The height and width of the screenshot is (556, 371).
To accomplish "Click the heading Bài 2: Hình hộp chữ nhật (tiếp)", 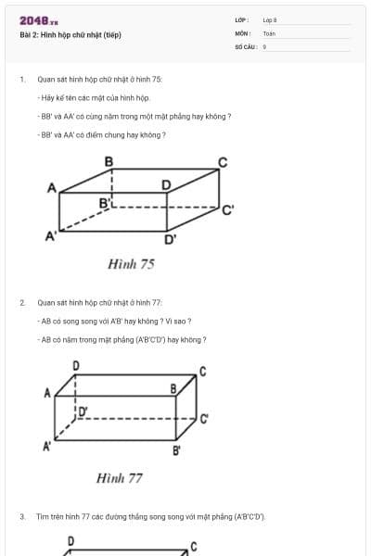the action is [70, 35].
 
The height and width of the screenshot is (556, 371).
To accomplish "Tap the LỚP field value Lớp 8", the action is [270, 19].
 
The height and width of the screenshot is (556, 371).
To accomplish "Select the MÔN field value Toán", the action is [269, 33].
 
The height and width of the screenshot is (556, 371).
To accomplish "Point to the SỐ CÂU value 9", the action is [264, 46].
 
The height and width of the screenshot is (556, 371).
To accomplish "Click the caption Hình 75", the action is [131, 264].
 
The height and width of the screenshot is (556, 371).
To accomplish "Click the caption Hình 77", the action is [120, 478].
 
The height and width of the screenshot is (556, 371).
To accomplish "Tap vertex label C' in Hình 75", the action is [227, 209].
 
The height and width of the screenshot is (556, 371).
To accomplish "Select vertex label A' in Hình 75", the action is [51, 236].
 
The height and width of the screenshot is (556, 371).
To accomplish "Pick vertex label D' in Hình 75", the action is [171, 240].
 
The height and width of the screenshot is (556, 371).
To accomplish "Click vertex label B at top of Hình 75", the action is [109, 162].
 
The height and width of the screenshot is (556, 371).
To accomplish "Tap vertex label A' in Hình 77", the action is [47, 447].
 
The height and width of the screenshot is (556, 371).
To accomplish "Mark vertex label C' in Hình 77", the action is [204, 418].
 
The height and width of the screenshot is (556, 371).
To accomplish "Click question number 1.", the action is [21, 79].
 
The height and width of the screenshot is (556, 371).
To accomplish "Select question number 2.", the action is [21, 302].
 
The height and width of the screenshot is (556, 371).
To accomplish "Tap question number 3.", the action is [21, 516].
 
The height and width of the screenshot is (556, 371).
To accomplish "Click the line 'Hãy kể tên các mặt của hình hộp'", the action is [88, 97].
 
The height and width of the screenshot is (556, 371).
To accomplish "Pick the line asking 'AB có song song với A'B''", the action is [115, 321].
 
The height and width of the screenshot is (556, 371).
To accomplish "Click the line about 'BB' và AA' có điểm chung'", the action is [102, 134].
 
